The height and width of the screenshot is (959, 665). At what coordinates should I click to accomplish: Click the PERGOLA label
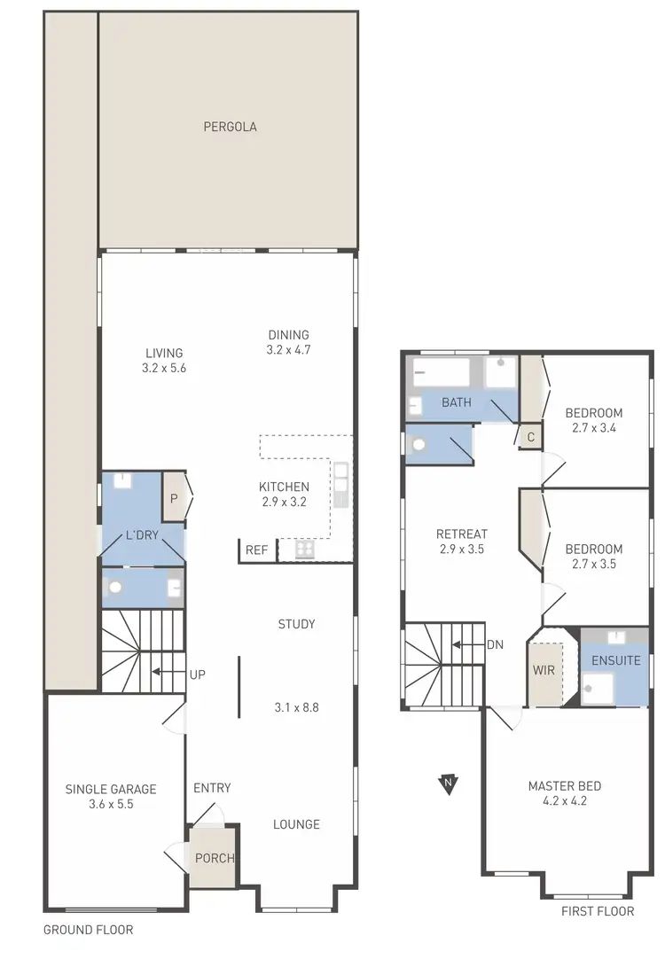[230, 127]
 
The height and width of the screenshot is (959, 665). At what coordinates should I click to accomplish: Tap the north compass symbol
[450, 783]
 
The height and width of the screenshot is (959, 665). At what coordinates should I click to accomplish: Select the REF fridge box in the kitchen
[256, 550]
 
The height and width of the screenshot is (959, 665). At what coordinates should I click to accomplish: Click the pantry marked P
[174, 498]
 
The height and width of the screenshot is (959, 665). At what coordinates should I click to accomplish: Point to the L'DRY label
[142, 535]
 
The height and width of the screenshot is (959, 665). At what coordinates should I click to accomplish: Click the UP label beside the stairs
[197, 674]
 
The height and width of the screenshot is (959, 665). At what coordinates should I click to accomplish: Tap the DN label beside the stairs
[495, 644]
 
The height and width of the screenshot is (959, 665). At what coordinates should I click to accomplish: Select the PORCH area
[215, 858]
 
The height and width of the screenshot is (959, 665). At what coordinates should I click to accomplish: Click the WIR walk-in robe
[544, 670]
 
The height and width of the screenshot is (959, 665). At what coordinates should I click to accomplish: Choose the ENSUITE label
[615, 660]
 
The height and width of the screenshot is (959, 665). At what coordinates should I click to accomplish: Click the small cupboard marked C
[530, 436]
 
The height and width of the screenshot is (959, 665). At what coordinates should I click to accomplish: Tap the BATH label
[457, 402]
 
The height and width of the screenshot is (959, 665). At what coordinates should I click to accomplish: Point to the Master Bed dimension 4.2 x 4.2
[565, 801]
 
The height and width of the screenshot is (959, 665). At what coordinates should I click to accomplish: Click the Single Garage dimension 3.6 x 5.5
[111, 805]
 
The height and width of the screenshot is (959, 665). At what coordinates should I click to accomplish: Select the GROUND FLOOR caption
[89, 930]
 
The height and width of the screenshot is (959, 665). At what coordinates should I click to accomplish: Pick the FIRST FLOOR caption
[598, 911]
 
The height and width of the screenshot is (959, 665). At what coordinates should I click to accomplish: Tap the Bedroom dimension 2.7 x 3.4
[594, 427]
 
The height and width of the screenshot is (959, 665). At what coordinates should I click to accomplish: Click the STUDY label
[296, 624]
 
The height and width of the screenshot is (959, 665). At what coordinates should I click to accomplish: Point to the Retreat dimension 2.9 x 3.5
[462, 549]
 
